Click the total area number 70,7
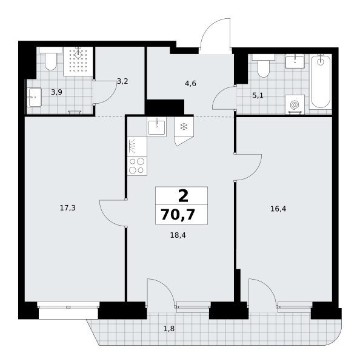coord(178,214)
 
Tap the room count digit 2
coord(183,196)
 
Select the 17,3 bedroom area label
coord(68,208)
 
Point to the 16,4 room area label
coord(278,209)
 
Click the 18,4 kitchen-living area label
coord(178,235)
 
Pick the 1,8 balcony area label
coord(169,328)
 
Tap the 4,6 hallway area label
coord(190,83)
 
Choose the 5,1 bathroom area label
coord(258,95)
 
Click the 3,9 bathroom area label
coord(56,92)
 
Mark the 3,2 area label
coord(122,81)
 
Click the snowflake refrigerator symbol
coord(184,127)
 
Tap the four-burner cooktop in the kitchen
coord(137,166)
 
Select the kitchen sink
coord(156,127)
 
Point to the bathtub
coord(321,82)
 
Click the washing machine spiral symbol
coord(295,105)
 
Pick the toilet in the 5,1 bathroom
coord(263,66)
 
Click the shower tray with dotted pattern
coord(78,61)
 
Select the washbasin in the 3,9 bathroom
coord(34,97)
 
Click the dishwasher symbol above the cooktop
coord(137,146)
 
